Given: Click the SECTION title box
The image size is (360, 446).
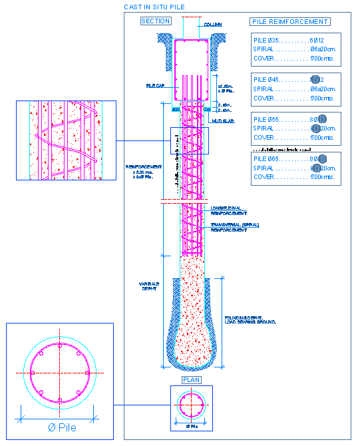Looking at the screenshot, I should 156,21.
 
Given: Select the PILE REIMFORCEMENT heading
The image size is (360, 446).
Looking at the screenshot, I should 290,21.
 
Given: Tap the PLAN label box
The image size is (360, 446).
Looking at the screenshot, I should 191,380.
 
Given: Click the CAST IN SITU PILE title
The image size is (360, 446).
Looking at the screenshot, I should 154,7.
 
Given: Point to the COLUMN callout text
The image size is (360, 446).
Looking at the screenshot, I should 213,25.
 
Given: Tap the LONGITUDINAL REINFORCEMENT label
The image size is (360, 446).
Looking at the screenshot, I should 226,211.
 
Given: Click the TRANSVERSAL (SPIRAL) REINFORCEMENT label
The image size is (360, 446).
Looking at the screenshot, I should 235,227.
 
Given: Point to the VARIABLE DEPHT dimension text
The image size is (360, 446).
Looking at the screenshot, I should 149,286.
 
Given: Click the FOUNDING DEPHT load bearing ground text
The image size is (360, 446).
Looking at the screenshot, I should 250,320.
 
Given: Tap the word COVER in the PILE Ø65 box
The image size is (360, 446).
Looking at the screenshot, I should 264,178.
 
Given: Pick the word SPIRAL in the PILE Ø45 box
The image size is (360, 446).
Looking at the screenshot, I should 266,89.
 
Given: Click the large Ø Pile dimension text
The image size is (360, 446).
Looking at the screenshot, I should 59,427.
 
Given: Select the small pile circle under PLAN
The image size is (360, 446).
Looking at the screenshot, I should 192,404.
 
